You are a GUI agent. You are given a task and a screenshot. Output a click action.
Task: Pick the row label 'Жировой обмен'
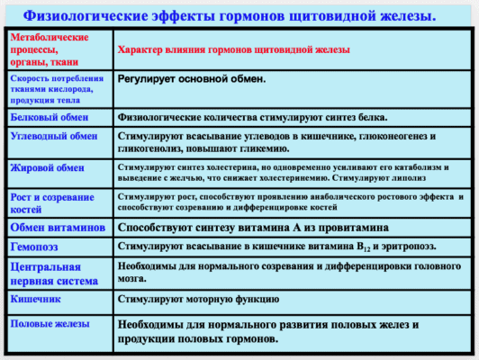44,168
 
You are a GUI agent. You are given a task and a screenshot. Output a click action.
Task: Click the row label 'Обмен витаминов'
56,227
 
